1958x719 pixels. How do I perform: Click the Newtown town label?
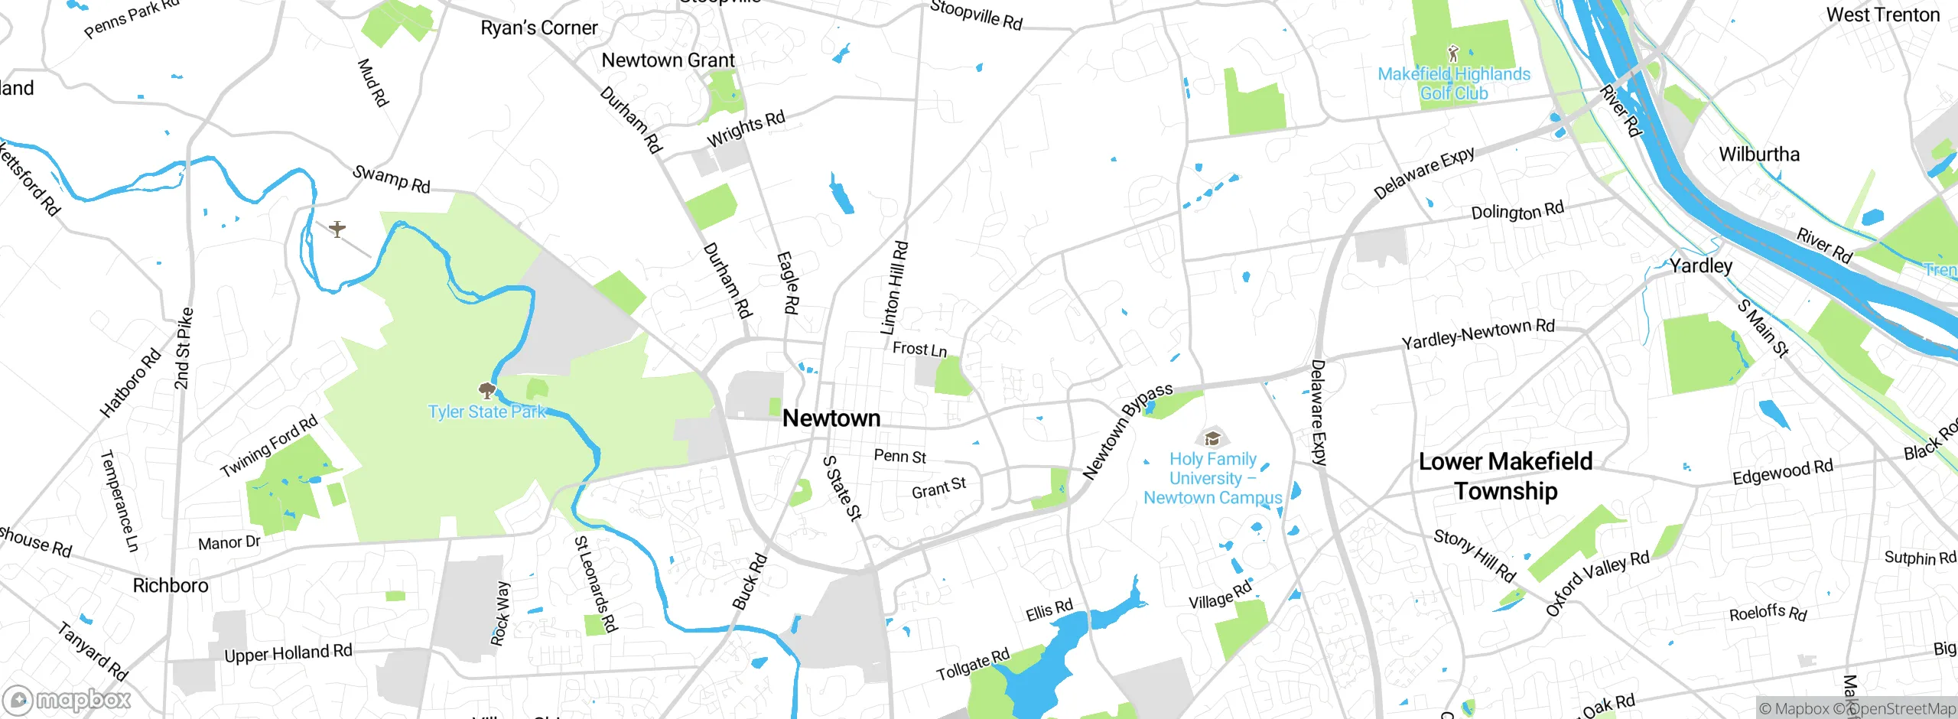pos(831,418)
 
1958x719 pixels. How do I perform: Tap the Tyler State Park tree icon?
pos(486,391)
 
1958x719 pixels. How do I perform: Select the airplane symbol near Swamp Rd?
pos(337,228)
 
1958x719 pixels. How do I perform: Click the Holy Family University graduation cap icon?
pos(1212,438)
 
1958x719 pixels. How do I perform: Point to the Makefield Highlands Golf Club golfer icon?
pos(1453,54)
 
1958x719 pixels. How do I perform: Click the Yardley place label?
pos(1701,265)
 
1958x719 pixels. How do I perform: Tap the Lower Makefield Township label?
pos(1505,476)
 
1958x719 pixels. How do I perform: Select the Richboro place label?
pos(171,585)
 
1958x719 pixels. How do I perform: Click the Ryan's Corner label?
pos(538,28)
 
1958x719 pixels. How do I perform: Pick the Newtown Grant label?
pos(668,60)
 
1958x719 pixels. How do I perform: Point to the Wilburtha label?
pos(1759,155)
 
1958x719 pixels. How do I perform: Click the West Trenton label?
pos(1882,15)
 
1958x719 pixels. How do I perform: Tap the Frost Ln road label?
pos(919,350)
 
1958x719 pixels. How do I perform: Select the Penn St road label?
pos(899,457)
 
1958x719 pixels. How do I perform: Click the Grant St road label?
pos(938,488)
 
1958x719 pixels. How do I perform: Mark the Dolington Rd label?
pos(1517,211)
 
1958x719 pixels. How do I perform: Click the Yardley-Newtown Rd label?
pos(1478,333)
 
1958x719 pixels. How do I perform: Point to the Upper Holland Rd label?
pos(288,653)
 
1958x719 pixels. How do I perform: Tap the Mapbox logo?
pos(67,700)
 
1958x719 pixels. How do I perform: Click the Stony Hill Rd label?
pos(1474,555)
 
